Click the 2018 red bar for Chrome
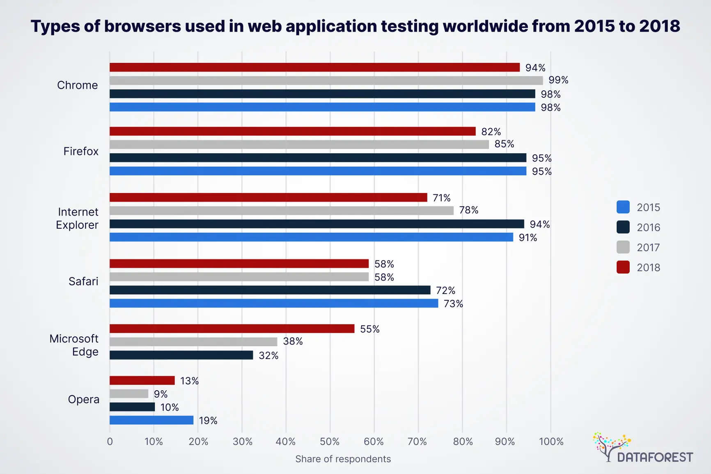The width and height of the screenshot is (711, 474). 314,67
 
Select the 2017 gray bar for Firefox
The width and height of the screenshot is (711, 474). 299,145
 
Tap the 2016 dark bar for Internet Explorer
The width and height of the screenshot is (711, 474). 317,224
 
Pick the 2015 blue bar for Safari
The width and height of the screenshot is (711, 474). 274,304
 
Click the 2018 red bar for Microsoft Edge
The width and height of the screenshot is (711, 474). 232,329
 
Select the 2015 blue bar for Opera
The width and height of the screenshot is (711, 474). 151,420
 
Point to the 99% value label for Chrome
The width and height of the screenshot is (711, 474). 558,80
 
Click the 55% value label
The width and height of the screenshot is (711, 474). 369,329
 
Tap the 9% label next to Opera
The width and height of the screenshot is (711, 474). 161,394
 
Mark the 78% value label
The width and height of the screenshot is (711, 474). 468,210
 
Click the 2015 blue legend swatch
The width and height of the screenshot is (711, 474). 623,207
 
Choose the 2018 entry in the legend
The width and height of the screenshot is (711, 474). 648,267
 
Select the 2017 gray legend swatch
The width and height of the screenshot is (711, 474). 623,247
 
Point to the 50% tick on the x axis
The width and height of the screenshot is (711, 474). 330,442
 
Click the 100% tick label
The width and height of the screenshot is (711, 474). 551,442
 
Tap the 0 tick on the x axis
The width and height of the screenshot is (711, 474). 110,442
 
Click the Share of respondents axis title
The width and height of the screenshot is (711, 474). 343,459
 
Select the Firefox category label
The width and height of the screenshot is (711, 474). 81,151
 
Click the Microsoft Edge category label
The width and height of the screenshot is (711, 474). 74,345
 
